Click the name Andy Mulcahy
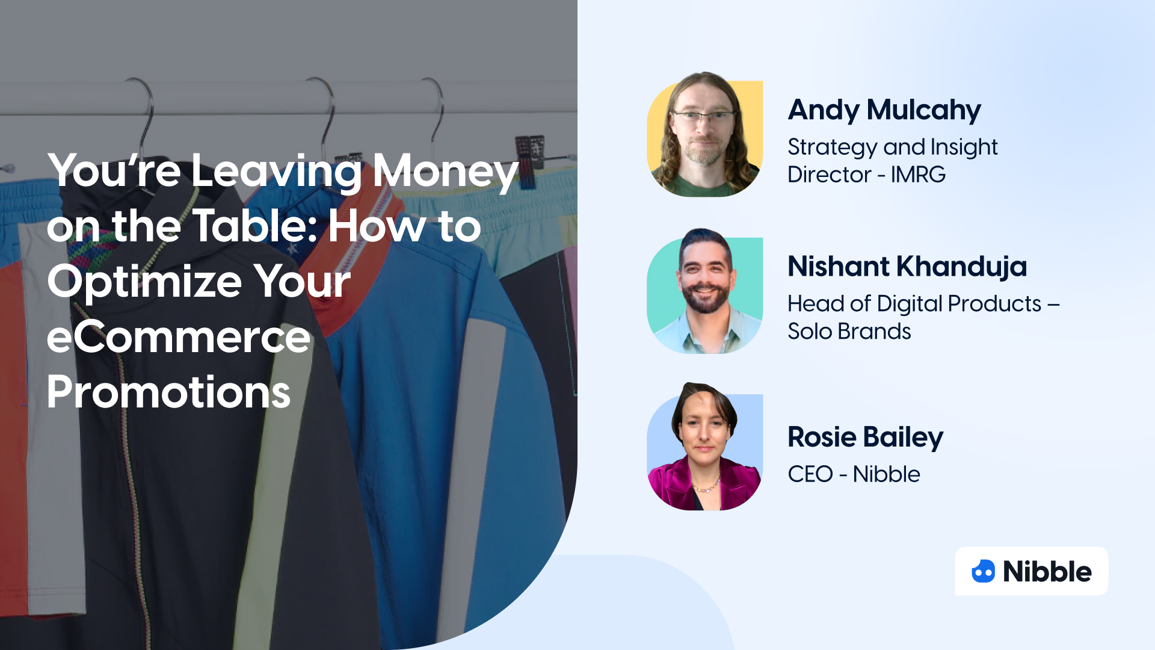(884, 110)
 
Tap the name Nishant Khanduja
(907, 267)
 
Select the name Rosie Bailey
(865, 438)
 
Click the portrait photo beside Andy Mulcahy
(704, 135)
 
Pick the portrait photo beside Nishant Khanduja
(704, 291)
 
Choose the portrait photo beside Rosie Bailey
(704, 448)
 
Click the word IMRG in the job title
(918, 175)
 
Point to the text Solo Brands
(849, 332)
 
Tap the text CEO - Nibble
(854, 474)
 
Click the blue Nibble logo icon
(984, 571)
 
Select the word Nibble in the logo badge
(1047, 572)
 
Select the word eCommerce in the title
(179, 337)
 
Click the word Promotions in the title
(168, 392)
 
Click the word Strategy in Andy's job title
(832, 147)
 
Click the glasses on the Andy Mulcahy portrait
(703, 116)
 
